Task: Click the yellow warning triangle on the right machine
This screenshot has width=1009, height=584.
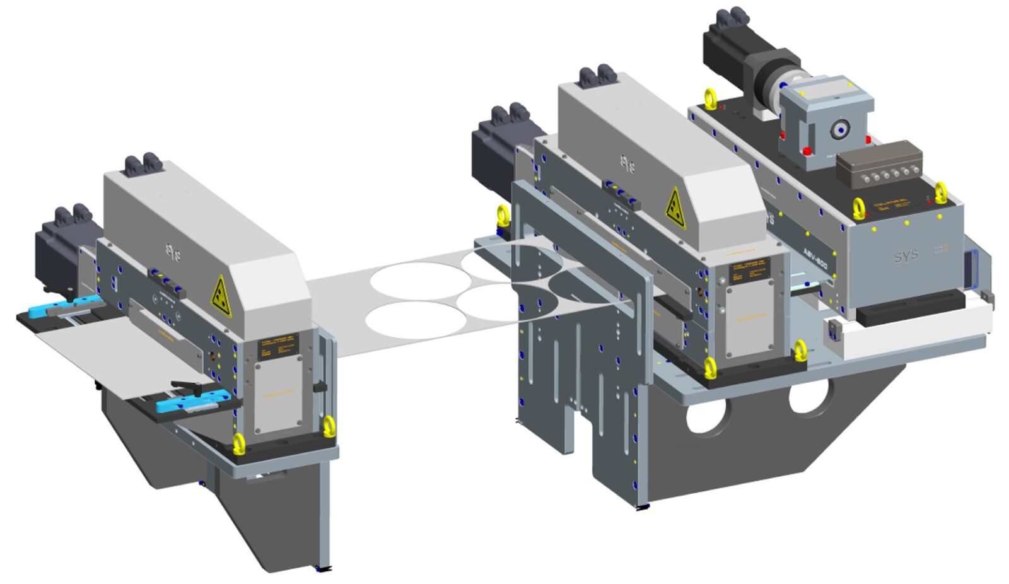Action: click(x=675, y=208)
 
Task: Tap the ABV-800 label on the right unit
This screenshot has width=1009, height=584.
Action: click(x=815, y=258)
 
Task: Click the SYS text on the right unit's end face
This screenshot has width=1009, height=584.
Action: click(x=906, y=256)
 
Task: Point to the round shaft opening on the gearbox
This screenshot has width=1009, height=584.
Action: click(x=839, y=130)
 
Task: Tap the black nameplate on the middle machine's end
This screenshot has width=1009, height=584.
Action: click(x=749, y=271)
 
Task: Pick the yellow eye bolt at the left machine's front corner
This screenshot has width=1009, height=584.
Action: click(x=238, y=443)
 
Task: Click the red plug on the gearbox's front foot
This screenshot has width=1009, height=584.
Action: click(x=807, y=151)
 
